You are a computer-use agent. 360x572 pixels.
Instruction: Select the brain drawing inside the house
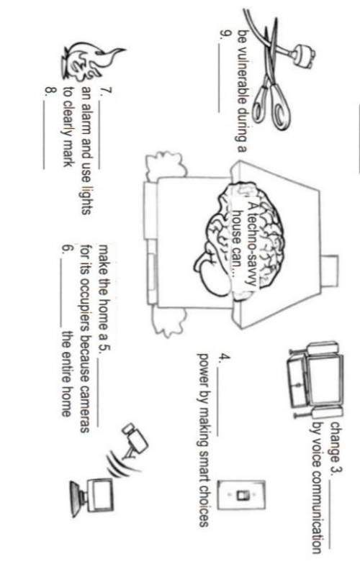click(241, 237)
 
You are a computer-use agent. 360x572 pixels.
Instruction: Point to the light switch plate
click(241, 495)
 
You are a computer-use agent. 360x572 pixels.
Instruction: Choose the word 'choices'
click(203, 505)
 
